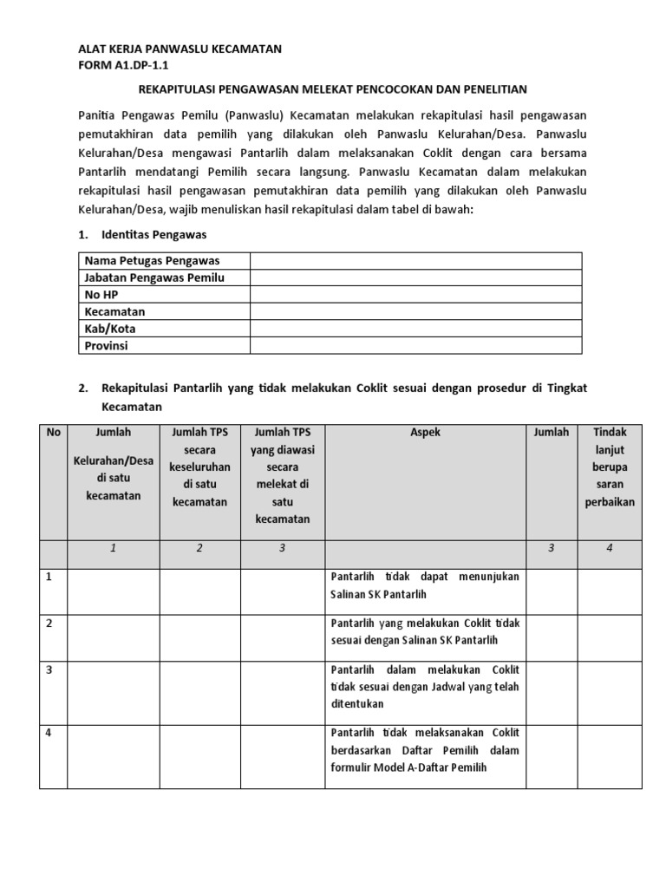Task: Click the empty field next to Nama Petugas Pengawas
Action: click(415, 261)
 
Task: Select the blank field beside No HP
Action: click(415, 295)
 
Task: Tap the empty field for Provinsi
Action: click(415, 345)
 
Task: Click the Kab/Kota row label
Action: click(110, 329)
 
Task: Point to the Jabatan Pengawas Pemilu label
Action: click(154, 277)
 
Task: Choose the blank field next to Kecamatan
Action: click(415, 311)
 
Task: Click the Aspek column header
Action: click(425, 432)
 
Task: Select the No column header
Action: click(54, 432)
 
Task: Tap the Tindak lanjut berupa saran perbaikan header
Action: click(610, 467)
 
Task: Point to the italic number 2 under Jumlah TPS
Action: click(199, 548)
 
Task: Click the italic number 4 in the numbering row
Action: click(610, 548)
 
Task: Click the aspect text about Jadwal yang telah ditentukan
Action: click(425, 687)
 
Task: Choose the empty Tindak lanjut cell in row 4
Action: click(610, 757)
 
